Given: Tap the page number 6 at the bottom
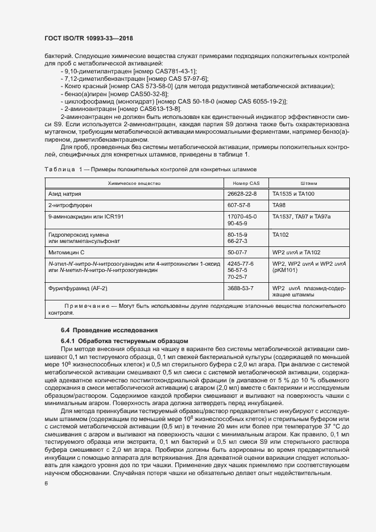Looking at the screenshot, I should [x=46, y=483].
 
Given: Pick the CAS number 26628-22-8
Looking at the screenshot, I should [x=242, y=194].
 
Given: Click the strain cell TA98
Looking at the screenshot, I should [x=279, y=205].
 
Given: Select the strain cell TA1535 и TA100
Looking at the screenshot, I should [x=292, y=194].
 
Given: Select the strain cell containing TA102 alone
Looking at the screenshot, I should [x=280, y=234].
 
